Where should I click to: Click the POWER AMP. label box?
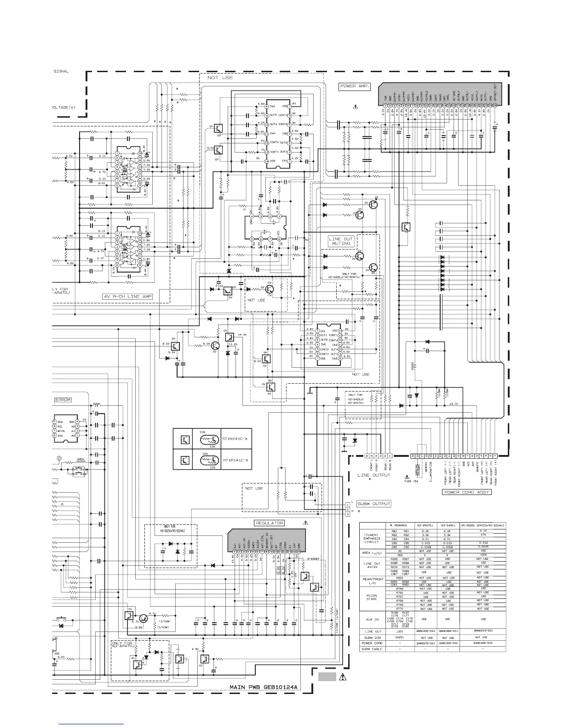[355, 86]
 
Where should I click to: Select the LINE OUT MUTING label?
[341, 241]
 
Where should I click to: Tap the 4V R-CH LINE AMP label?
[127, 296]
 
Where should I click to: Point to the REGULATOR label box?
[270, 523]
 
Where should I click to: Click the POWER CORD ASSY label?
[466, 492]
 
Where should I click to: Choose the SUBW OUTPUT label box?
[374, 504]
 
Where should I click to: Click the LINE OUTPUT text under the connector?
[373, 475]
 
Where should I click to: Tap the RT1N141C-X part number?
[235, 438]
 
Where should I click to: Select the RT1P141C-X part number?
[235, 460]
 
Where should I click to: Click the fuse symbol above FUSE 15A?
[417, 472]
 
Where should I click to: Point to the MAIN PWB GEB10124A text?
[264, 688]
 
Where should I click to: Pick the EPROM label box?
[63, 400]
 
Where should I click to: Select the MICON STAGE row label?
[372, 597]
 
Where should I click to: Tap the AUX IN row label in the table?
[372, 619]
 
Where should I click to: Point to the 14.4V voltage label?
[242, 335]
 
